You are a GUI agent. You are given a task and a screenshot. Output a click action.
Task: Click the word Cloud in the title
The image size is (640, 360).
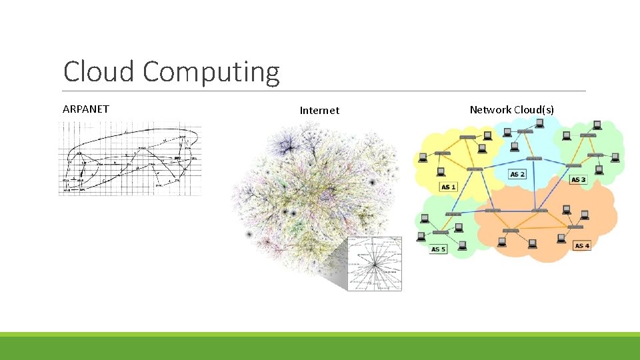(x=99, y=72)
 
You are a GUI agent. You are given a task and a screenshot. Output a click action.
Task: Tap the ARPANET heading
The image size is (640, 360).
(x=85, y=109)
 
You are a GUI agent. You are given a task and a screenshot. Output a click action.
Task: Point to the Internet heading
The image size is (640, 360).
(x=319, y=111)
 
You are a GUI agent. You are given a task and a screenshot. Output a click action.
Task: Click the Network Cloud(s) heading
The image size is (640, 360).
(x=511, y=109)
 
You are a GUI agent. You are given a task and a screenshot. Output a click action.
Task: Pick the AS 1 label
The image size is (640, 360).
(x=449, y=187)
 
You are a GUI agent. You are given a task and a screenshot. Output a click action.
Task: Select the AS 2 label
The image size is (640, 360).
(x=517, y=174)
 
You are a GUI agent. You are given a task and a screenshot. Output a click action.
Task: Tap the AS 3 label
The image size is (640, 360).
(x=578, y=180)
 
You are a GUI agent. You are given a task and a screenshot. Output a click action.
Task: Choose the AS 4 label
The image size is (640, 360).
(x=582, y=245)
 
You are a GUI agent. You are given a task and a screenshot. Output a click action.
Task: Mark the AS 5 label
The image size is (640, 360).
(x=438, y=249)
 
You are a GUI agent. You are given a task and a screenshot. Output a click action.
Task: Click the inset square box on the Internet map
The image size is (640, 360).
(x=375, y=263)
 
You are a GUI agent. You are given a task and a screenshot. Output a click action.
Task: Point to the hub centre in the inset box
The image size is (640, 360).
(x=375, y=265)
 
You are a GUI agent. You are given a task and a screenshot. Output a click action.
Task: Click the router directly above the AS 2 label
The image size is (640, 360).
(x=533, y=159)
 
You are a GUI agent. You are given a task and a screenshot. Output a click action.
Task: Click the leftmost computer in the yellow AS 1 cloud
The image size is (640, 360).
(x=422, y=158)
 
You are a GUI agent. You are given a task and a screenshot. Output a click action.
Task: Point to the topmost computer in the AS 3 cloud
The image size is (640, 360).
(x=597, y=125)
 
